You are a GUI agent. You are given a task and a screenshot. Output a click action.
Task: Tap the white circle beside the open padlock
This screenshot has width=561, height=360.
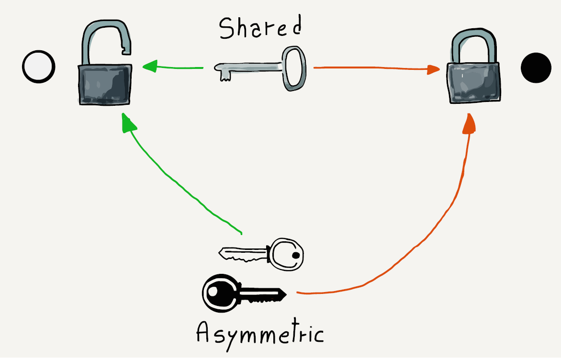[x=39, y=67]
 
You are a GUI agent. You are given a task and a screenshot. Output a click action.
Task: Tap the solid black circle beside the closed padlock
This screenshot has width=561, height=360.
[x=536, y=67]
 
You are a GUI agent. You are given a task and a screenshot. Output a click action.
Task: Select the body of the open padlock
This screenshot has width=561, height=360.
[x=104, y=85]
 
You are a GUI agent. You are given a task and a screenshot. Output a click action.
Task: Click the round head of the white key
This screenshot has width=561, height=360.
[x=286, y=254]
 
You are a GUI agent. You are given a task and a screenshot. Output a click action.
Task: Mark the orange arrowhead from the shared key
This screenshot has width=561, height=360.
[x=434, y=69]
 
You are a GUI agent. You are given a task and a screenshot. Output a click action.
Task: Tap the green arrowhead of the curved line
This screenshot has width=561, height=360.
[x=127, y=122]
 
